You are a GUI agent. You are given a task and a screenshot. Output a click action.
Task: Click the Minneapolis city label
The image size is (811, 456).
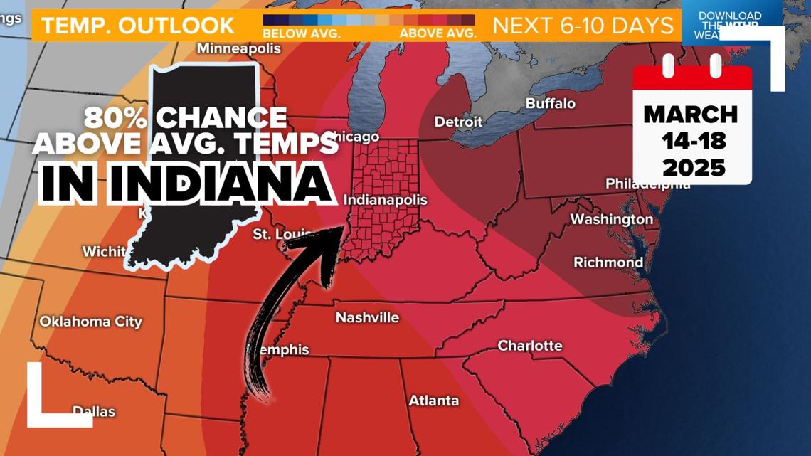point(238,49)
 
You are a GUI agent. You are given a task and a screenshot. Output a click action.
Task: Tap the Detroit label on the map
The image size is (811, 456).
point(458,122)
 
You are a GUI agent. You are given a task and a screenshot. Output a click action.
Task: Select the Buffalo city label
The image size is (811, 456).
point(550,103)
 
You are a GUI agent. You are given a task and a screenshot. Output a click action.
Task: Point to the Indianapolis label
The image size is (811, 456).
point(385,200)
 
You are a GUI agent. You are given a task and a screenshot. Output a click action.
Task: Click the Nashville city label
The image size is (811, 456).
point(367,317)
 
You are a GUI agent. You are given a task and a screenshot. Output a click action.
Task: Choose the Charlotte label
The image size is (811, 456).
point(529,346)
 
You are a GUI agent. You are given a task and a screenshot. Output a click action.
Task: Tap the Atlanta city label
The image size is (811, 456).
point(433,401)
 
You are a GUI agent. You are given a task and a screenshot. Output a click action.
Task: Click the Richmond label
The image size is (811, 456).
point(608,263)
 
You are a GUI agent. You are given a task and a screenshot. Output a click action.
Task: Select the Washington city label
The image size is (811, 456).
point(611,219)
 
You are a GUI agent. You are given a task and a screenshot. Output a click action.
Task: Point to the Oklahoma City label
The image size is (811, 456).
point(90,322)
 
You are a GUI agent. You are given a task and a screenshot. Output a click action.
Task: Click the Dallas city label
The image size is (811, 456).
point(94,411)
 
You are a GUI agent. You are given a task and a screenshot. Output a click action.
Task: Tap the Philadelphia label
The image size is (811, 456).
point(647,184)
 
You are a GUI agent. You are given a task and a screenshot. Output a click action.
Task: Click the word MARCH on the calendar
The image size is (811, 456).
point(691,114)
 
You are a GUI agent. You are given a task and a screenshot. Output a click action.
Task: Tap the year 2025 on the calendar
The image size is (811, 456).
point(693,168)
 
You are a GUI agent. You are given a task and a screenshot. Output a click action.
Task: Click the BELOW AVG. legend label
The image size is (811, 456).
point(301,33)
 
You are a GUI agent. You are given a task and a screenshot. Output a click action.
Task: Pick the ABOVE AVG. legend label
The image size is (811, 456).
point(438,33)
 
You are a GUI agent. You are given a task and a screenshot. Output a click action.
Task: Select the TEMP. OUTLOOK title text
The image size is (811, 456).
point(137,26)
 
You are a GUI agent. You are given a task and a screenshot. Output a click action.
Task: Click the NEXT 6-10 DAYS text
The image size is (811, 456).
point(583,26)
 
